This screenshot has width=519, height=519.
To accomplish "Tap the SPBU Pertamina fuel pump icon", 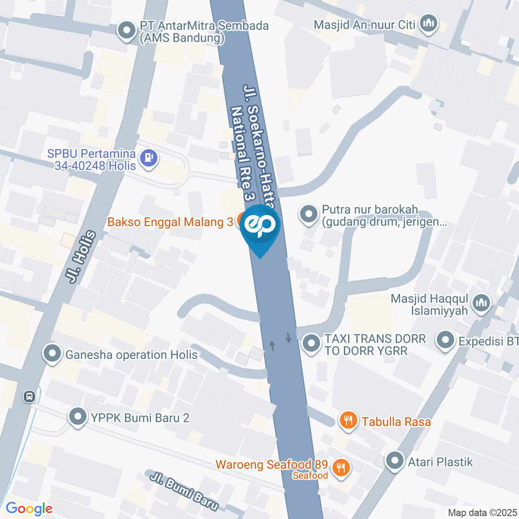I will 148,158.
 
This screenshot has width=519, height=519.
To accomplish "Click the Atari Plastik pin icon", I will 395,461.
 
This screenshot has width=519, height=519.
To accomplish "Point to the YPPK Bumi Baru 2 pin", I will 78,417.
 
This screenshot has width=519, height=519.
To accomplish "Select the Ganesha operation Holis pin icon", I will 52,355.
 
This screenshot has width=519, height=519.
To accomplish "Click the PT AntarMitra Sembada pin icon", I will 127,31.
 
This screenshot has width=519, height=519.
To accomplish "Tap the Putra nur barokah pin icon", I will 309,215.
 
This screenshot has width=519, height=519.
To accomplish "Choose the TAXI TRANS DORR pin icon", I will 310,344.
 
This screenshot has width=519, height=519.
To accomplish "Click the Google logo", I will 29,508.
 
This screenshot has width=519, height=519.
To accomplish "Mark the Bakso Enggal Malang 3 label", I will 170,222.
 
